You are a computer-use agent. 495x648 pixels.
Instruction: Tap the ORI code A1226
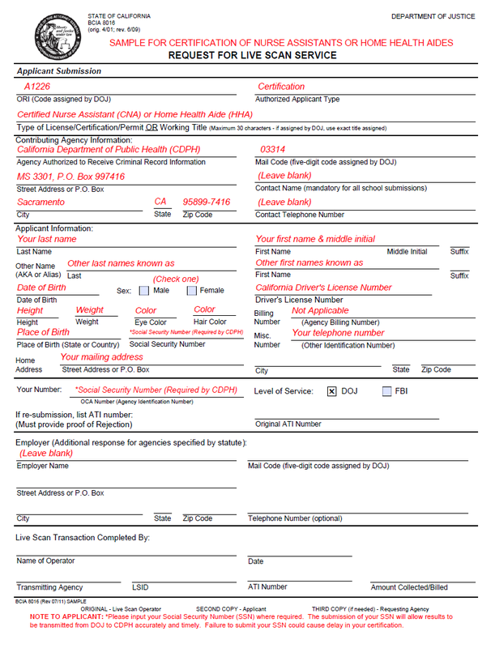37,87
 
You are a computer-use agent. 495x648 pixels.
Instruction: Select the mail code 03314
273,150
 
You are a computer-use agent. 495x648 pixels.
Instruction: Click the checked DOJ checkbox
331,392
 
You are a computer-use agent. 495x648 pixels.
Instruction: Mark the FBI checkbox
386,392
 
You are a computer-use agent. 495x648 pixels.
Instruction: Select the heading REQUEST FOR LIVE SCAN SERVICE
252,56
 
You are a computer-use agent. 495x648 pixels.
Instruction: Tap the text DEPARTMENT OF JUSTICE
433,16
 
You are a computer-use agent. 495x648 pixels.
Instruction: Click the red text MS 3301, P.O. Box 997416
71,177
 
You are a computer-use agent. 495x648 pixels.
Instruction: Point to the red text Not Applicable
320,310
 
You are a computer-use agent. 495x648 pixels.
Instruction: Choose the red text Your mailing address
101,356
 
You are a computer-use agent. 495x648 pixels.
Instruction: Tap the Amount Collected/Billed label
409,587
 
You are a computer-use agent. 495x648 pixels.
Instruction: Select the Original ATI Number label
288,424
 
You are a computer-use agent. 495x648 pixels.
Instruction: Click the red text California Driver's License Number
323,288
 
